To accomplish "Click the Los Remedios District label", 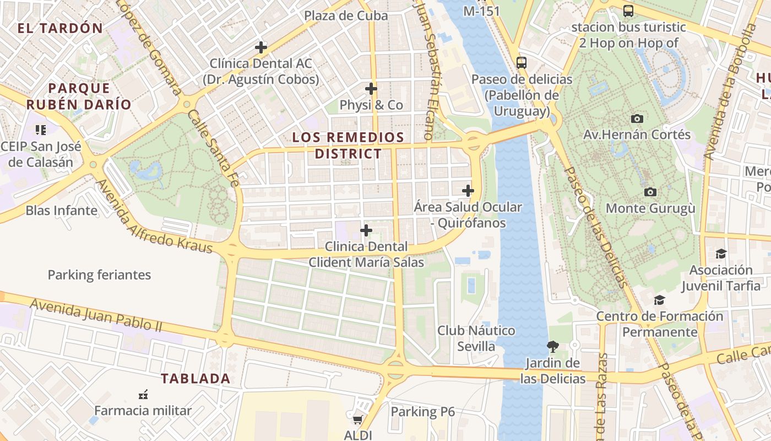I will [x=348, y=146].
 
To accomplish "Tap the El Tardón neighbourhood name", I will [x=60, y=28].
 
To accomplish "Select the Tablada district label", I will [x=196, y=379].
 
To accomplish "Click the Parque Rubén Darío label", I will [x=79, y=96].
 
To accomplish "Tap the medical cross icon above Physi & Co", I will [x=371, y=88].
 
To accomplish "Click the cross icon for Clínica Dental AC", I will [x=261, y=47].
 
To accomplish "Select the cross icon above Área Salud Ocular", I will [x=468, y=191].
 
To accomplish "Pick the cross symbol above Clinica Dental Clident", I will [x=366, y=230].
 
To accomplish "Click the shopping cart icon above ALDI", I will [x=357, y=420].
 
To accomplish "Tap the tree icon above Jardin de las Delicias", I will [x=552, y=347].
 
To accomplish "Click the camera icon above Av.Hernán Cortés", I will [x=637, y=119].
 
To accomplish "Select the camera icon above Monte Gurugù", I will [x=650, y=192].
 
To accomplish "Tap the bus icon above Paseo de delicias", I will [x=522, y=62].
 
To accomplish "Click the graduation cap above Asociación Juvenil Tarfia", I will [x=721, y=254].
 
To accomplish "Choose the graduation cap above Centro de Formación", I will [x=659, y=300].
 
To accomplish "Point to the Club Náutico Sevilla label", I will [x=476, y=338].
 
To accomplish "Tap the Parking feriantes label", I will [x=99, y=275].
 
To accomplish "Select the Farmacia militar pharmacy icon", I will [x=143, y=395].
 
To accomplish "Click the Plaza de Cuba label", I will [x=346, y=15].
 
